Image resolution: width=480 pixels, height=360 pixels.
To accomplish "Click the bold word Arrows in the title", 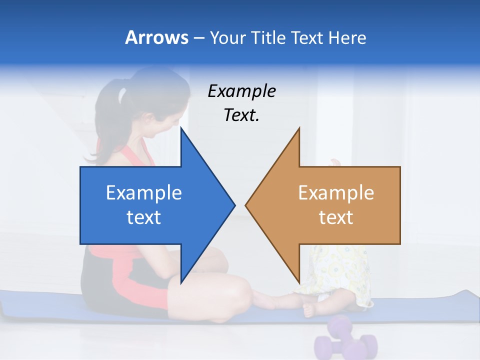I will pyautogui.click(x=156, y=37).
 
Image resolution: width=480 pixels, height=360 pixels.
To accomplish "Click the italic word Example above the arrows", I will pyautogui.click(x=241, y=91).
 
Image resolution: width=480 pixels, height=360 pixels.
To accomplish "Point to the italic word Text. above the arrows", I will pyautogui.click(x=241, y=115).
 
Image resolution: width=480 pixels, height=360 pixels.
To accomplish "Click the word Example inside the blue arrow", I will pyautogui.click(x=144, y=192).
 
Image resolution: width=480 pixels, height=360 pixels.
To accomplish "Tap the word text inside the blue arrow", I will pyautogui.click(x=144, y=217).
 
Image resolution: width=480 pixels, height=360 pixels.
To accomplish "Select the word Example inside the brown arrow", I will pyautogui.click(x=336, y=192).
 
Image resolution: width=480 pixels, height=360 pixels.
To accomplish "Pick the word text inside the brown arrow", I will pyautogui.click(x=336, y=217).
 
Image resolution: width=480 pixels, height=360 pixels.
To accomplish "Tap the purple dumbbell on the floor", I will pyautogui.click(x=345, y=338).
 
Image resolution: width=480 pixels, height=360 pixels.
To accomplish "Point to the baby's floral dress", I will pyautogui.click(x=335, y=270).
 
